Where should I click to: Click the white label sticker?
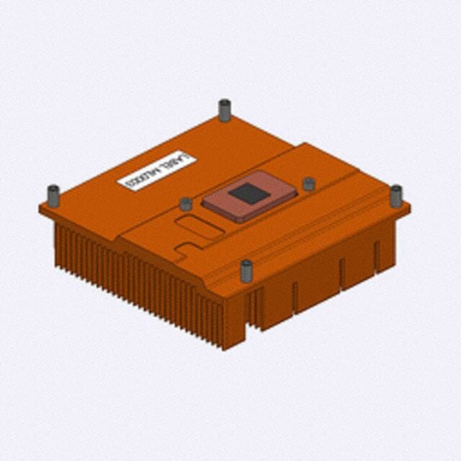tap(156, 171)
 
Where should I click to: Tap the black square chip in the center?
tap(249, 193)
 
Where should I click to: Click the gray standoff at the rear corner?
tap(225, 110)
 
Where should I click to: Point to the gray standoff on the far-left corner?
tap(53, 195)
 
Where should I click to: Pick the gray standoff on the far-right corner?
tap(396, 195)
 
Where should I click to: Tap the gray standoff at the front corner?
tap(246, 271)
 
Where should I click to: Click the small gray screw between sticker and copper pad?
tap(186, 204)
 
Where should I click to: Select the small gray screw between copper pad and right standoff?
tap(309, 184)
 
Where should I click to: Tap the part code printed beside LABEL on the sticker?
tap(140, 178)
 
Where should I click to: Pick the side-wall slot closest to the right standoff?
tap(376, 256)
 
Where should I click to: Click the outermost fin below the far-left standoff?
tap(57, 241)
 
